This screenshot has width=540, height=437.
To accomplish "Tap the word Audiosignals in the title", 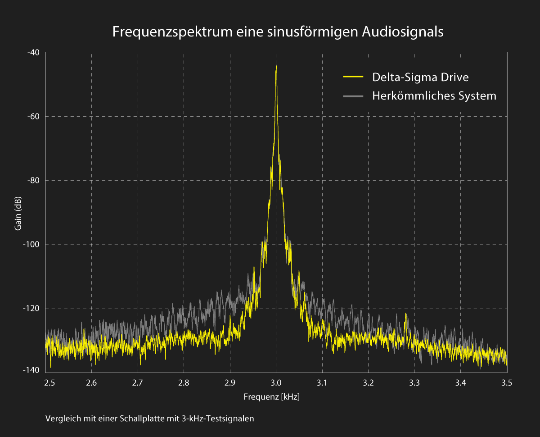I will pyautogui.click(x=403, y=32).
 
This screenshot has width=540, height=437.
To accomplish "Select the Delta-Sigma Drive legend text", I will pyautogui.click(x=420, y=77).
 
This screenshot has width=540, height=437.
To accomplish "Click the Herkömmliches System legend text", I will pyautogui.click(x=434, y=96).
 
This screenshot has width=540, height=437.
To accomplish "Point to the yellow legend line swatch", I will pyautogui.click(x=353, y=77).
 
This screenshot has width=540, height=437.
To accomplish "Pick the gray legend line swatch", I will pyautogui.click(x=353, y=96).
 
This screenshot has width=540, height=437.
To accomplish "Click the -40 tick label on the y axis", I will pyautogui.click(x=34, y=52).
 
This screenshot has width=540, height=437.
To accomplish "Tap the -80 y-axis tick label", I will pyautogui.click(x=34, y=180).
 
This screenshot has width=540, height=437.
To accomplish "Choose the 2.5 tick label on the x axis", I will pyautogui.click(x=49, y=383).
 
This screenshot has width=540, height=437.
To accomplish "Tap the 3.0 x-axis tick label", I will pyautogui.click(x=276, y=383).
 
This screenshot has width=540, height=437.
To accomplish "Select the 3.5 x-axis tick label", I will pyautogui.click(x=506, y=383).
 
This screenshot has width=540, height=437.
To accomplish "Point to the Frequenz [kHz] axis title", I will pyautogui.click(x=271, y=397).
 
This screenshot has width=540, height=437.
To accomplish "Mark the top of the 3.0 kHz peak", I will pyautogui.click(x=276, y=67).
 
